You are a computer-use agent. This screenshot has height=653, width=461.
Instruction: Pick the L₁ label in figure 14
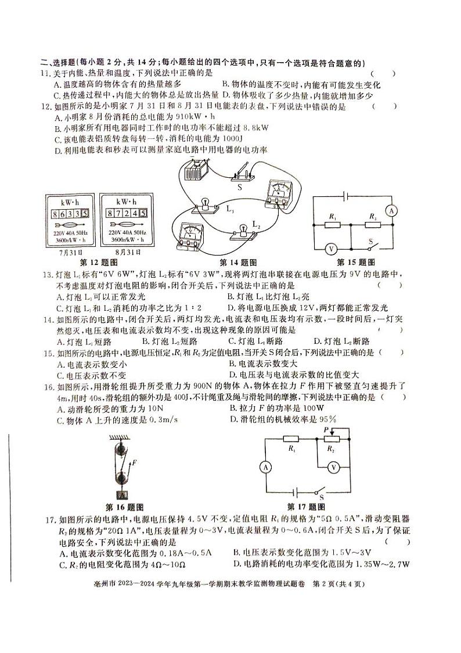tap(230, 207)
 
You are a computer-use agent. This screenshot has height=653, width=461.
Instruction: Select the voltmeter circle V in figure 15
tap(330, 248)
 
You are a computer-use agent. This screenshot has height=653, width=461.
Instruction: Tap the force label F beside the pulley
tap(134, 463)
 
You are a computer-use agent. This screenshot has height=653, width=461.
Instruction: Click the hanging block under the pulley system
tap(123, 496)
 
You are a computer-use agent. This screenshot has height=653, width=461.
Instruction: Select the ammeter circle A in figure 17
tap(265, 467)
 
